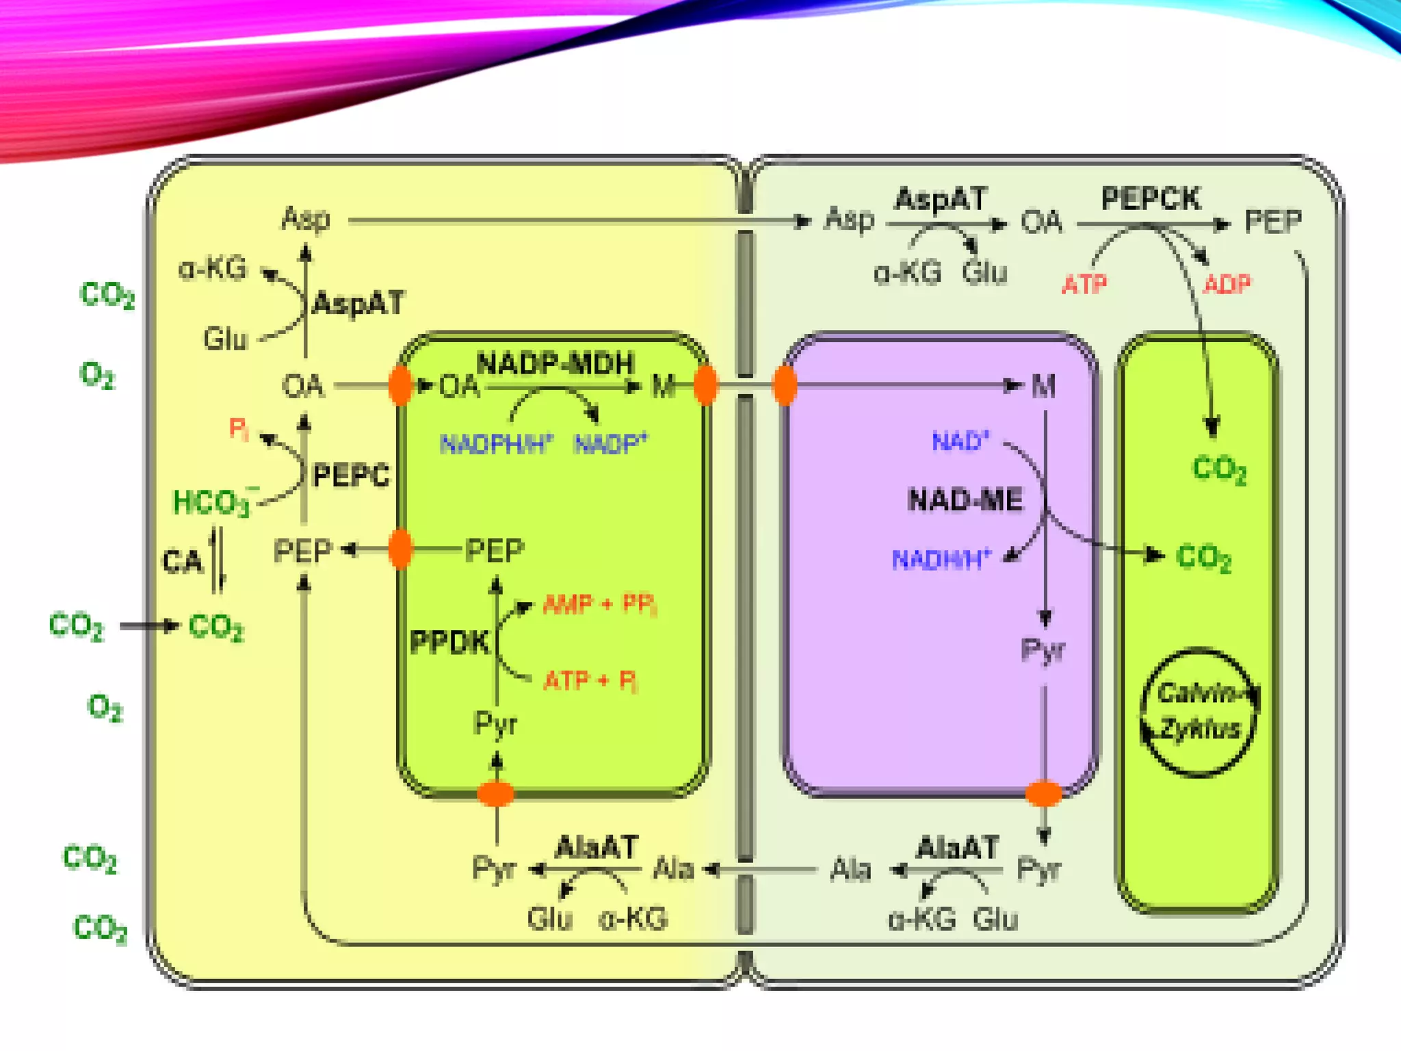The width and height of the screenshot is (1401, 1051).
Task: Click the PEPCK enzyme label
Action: tap(1150, 199)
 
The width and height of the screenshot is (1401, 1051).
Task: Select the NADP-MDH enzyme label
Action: tap(555, 363)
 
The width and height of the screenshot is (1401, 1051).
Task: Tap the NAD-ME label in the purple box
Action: tap(965, 499)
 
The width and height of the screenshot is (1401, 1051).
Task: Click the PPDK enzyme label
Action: tap(449, 642)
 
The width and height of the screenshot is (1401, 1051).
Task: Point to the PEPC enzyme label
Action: tap(351, 475)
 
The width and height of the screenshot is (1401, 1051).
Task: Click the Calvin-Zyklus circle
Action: tap(1199, 712)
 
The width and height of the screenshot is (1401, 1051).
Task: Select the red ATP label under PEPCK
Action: tap(1084, 284)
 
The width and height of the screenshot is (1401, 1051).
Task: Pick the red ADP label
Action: tap(1227, 284)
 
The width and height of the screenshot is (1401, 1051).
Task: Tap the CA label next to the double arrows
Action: tap(182, 561)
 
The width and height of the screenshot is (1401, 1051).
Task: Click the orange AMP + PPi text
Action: tap(599, 604)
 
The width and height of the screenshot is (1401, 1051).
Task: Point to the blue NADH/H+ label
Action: tap(941, 560)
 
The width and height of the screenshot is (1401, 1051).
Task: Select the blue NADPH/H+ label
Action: tap(496, 444)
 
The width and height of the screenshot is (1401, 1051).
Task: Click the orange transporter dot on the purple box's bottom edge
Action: tap(1043, 794)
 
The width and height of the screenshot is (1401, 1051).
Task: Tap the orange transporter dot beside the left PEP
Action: tap(400, 549)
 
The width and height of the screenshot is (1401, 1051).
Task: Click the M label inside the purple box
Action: tap(1043, 387)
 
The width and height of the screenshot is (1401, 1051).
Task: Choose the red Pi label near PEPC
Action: tap(238, 428)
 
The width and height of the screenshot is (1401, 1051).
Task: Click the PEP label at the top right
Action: tap(1273, 222)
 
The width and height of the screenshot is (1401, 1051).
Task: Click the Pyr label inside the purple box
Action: tap(1043, 650)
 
